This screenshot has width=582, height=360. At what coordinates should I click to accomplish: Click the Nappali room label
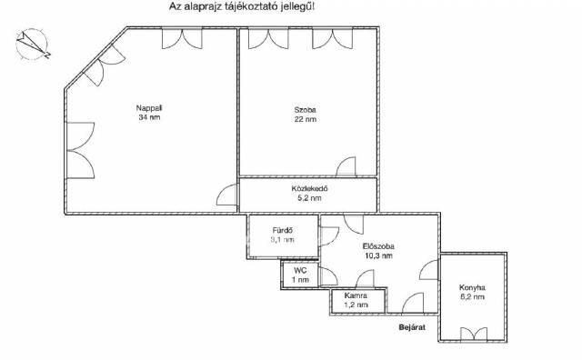click(x=149, y=108)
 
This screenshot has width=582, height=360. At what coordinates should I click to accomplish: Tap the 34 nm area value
click(x=149, y=117)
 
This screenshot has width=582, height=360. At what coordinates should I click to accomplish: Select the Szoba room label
click(x=306, y=110)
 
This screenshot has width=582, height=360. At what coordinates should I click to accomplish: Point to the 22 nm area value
click(x=306, y=119)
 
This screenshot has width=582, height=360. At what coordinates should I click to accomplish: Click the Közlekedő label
click(x=309, y=188)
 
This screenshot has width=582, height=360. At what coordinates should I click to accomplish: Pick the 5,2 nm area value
click(x=309, y=198)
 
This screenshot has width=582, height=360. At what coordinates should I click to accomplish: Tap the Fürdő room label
click(x=283, y=231)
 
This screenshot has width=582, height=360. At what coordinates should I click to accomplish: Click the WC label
click(x=300, y=271)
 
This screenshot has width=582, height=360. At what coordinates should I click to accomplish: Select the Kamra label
click(x=356, y=295)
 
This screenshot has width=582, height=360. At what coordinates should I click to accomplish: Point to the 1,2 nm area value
click(x=356, y=305)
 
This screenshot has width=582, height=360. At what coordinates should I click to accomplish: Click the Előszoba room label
click(x=378, y=246)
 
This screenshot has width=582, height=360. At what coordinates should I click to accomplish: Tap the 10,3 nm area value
click(x=378, y=255)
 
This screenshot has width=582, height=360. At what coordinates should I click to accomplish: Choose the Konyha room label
click(x=472, y=287)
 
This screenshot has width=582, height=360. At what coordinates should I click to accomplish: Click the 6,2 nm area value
click(x=472, y=297)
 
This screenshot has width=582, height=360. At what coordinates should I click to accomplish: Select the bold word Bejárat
click(x=412, y=327)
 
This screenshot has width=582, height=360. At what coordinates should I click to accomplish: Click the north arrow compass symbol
click(x=33, y=45)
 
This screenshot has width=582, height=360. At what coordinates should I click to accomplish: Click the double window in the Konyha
click(x=474, y=334)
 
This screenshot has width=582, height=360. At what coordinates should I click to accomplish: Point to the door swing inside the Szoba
click(x=346, y=166)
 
